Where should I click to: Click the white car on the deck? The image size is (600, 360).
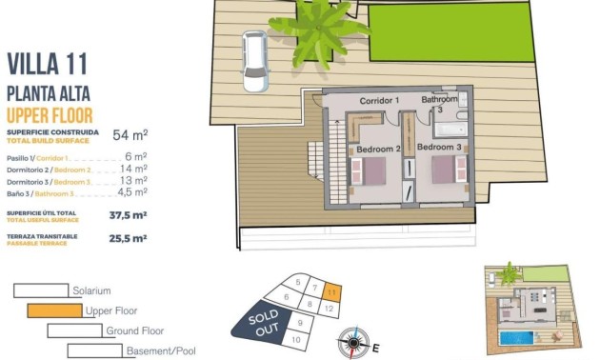pos(255,62)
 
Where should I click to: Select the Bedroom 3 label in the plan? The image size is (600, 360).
pos(440,149)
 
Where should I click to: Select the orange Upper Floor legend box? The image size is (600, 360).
pos(54,310)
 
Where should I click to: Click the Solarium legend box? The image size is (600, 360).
pos(41,290)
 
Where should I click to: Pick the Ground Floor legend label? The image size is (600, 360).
pos(136,330)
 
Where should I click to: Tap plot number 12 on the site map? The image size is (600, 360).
pos(329,310)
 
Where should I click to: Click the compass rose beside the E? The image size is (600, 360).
pos(355,340)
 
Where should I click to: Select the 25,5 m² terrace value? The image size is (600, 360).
pos(127,239)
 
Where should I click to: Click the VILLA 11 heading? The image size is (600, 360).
pos(47,64)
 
